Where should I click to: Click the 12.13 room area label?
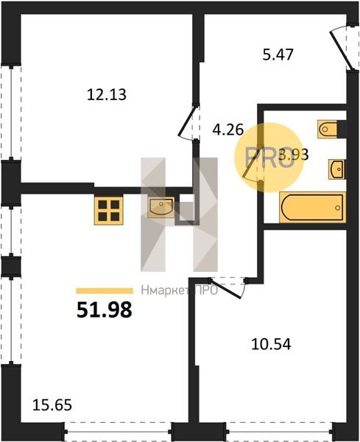(x=107, y=95)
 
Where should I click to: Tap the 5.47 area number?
(x=278, y=55)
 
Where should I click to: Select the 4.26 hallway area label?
(x=228, y=130)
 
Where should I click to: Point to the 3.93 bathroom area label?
(x=293, y=155)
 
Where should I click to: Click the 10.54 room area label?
(x=271, y=344)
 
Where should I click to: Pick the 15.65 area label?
(x=52, y=405)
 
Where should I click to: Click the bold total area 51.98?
(x=105, y=309)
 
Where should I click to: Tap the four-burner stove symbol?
(x=109, y=210)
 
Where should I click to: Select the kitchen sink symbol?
(x=160, y=208)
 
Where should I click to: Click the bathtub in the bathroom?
(x=313, y=208)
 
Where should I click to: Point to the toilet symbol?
(x=328, y=129)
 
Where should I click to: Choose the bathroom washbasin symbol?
(x=336, y=169)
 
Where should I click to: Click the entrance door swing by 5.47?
(x=342, y=48)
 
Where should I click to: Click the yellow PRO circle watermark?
(x=269, y=158)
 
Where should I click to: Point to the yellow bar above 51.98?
(x=105, y=291)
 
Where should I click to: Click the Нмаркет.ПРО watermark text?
(x=180, y=290)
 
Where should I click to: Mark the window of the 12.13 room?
(x=11, y=113)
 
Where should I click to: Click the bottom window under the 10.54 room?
(x=280, y=431)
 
